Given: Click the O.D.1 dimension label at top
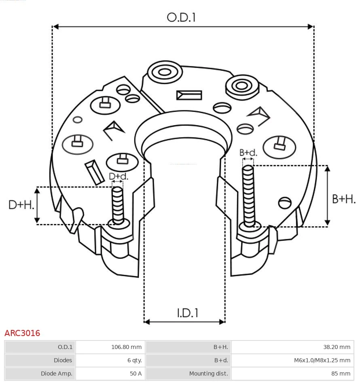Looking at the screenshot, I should pyautogui.click(x=181, y=17).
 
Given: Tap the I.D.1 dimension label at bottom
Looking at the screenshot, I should pyautogui.click(x=187, y=313).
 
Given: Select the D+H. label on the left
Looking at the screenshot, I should pyautogui.click(x=21, y=205).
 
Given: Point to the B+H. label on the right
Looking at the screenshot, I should pyautogui.click(x=343, y=199).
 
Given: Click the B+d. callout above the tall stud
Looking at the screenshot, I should pyautogui.click(x=248, y=153).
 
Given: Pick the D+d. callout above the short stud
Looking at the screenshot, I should pyautogui.click(x=119, y=176).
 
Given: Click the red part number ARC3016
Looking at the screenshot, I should pyautogui.click(x=22, y=333).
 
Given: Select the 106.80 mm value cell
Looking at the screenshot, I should pyautogui.click(x=126, y=347).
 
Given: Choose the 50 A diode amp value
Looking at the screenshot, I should pyautogui.click(x=136, y=374).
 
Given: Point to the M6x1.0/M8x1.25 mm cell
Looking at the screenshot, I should pyautogui.click(x=322, y=360).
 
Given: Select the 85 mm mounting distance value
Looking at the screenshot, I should pyautogui.click(x=341, y=374).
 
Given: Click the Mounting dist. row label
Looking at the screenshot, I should pyautogui.click(x=208, y=374).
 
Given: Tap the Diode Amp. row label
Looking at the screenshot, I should pyautogui.click(x=56, y=374).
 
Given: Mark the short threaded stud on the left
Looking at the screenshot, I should pyautogui.click(x=118, y=204).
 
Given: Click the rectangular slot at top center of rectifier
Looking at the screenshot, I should pyautogui.click(x=189, y=95).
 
